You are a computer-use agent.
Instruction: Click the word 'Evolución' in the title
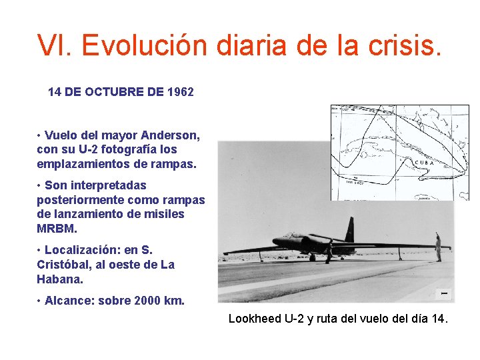click(145, 45)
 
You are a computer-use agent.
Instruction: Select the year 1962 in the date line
click(181, 92)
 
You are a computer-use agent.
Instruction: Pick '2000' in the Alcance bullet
click(148, 301)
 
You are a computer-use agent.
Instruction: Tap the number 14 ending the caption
click(437, 319)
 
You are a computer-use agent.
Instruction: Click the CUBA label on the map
click(425, 163)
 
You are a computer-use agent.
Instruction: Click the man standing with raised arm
click(437, 247)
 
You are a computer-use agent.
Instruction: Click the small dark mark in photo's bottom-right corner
click(443, 293)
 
